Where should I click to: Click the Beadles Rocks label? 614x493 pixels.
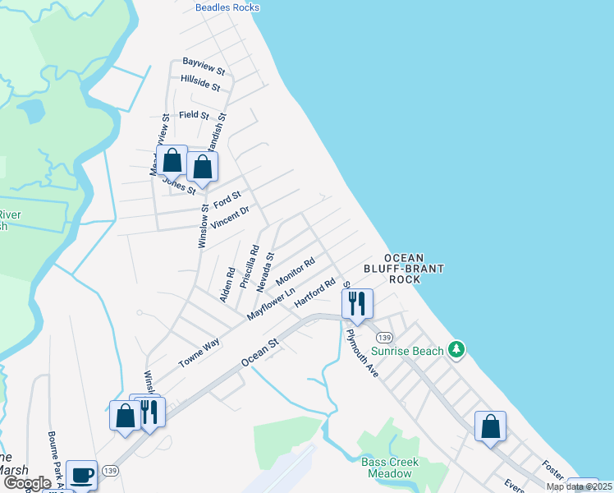tap(227, 7)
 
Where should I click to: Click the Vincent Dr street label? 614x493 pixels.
tap(229, 218)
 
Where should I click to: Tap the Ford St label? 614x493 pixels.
tap(227, 199)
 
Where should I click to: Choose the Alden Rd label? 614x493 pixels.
tap(227, 283)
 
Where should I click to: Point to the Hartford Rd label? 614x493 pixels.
tap(316, 293)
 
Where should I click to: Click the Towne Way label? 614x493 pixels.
tap(200, 353)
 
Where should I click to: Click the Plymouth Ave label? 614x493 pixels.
tap(362, 353)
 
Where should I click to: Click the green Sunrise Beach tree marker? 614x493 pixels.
tap(457, 350)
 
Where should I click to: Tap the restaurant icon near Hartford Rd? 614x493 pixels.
tap(358, 303)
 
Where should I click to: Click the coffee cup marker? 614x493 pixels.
tap(81, 474)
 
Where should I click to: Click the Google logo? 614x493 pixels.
tap(26, 482)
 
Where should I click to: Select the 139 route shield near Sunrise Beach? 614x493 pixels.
tap(385, 338)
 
